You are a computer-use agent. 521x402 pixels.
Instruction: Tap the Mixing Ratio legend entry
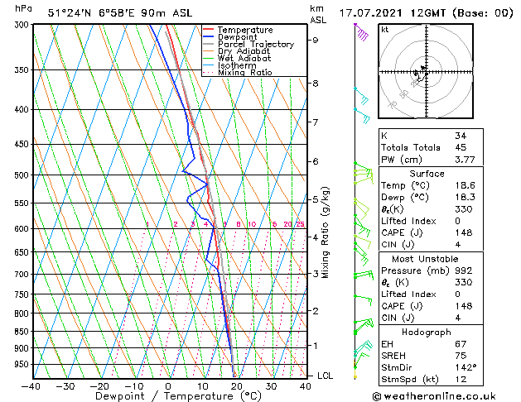244,73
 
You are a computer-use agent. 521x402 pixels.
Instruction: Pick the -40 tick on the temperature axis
31,386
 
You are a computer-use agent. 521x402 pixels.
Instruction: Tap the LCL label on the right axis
326,376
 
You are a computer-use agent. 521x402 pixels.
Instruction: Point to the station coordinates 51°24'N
70,13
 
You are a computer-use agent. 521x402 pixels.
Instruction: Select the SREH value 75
461,355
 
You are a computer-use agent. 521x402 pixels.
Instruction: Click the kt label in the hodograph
385,29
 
